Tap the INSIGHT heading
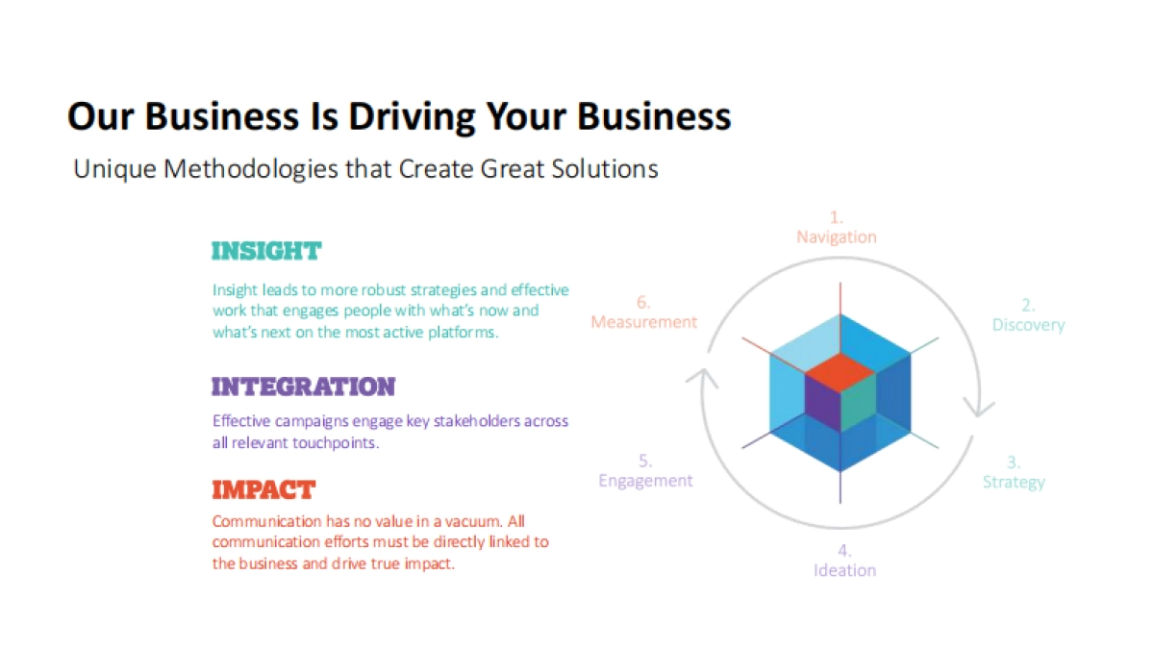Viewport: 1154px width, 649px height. click(265, 252)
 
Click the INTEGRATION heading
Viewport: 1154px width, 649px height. click(303, 387)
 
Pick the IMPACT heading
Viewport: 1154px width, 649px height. click(263, 489)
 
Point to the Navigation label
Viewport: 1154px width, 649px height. click(836, 237)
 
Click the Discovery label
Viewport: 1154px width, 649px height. click(1028, 325)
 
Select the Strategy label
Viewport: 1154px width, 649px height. click(1013, 482)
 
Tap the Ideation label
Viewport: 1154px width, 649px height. click(844, 570)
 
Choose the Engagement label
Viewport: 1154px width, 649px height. click(645, 480)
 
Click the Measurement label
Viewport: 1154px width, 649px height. click(643, 322)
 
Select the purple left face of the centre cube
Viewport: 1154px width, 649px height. click(821, 404)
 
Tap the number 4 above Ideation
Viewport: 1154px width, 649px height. click(844, 551)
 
